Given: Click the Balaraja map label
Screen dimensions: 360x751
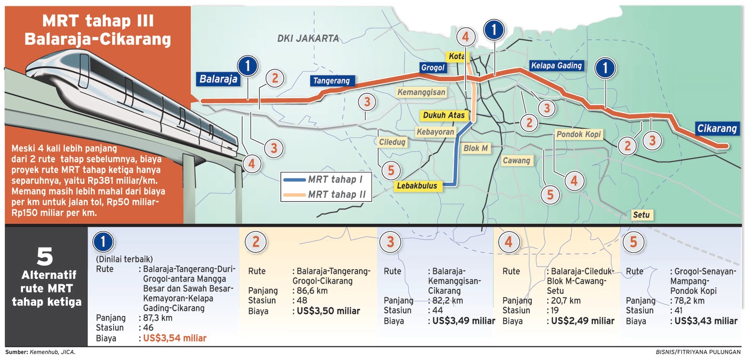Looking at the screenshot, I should pos(218,79).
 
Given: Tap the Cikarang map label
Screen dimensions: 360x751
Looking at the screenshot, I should pos(717,128).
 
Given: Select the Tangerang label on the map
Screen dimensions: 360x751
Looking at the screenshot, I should pos(331,81).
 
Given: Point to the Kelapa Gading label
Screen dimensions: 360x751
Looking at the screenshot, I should pos(556,66).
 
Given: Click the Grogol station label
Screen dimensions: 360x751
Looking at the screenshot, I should pos(432,68).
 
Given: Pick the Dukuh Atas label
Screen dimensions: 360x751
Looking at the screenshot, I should pos(444,115).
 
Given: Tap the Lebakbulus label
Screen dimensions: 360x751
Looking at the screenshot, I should pos(417,186).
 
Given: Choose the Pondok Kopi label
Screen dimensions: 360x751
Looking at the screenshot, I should pos(578,134).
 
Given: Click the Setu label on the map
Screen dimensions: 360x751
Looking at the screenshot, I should pos(641,214).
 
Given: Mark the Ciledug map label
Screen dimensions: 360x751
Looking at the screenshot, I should pos(392,142).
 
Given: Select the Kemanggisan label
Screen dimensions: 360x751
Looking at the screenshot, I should pos(421,92).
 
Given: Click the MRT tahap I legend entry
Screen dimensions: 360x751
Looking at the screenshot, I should pos(335,179).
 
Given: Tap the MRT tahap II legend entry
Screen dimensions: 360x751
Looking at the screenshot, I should pos(336,194).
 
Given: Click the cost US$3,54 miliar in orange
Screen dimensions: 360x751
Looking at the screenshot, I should pos(175,338).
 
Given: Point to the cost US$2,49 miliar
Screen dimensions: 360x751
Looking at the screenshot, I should pos(582,321).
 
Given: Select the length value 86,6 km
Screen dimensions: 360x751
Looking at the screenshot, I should pos(312,291).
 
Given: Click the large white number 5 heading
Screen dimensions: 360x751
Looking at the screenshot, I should pos(45,256).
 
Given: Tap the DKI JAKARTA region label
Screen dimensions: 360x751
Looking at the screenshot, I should pos(308,38).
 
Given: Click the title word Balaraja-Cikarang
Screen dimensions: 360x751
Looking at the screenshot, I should pos(98,39).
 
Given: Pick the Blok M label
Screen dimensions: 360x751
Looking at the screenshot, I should pos(475,148).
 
